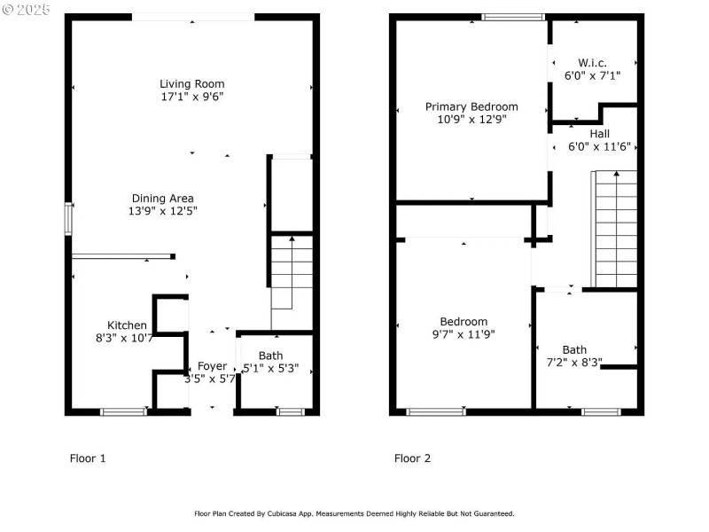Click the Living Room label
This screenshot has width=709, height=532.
click(191, 84)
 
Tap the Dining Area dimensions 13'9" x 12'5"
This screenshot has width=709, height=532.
click(162, 211)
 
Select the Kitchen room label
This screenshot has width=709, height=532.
click(127, 325)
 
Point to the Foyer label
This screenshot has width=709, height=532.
click(212, 366)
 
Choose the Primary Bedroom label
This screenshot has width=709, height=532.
click(471, 106)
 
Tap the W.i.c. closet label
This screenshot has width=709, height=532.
click(593, 63)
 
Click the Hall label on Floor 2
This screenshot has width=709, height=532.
click(599, 134)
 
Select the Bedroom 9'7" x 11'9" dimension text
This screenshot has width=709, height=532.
click(464, 334)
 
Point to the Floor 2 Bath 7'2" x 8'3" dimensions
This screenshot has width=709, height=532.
click(574, 362)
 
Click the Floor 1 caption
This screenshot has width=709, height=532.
click(88, 458)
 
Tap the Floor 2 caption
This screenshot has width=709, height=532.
click(412, 458)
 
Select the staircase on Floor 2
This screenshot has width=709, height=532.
click(614, 229)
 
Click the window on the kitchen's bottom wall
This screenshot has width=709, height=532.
click(123, 411)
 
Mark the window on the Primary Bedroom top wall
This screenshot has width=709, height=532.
click(513, 17)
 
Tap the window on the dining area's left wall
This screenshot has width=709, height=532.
click(68, 219)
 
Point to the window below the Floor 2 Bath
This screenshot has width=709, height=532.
click(601, 411)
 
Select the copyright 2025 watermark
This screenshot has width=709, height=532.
click(27, 10)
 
